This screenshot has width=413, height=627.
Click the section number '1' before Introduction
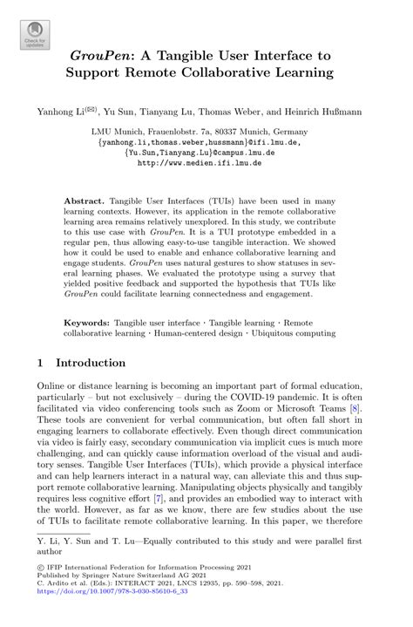tap(41, 362)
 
